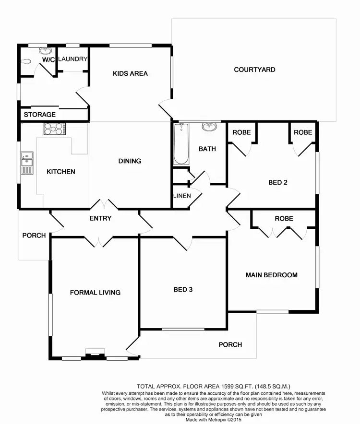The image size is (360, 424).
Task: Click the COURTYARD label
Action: [254, 70]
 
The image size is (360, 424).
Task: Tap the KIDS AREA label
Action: [130, 73]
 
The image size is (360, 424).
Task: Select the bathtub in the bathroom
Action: [181, 144]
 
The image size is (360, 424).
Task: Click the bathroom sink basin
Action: [209, 127]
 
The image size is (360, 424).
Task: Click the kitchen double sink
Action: [26, 163]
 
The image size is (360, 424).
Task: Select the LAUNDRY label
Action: [73, 59]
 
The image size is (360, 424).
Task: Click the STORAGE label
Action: [40, 115]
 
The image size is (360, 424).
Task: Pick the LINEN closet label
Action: [182, 196]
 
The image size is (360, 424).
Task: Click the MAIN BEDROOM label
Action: [271, 275]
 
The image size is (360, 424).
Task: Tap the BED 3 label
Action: [183, 290]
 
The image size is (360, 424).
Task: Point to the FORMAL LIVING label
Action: [95, 292]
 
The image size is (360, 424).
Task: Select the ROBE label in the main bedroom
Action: [284, 218]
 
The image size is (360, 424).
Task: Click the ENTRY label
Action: [100, 218]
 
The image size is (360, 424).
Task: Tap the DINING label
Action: [130, 161]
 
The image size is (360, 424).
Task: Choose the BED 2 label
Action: [278, 182]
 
